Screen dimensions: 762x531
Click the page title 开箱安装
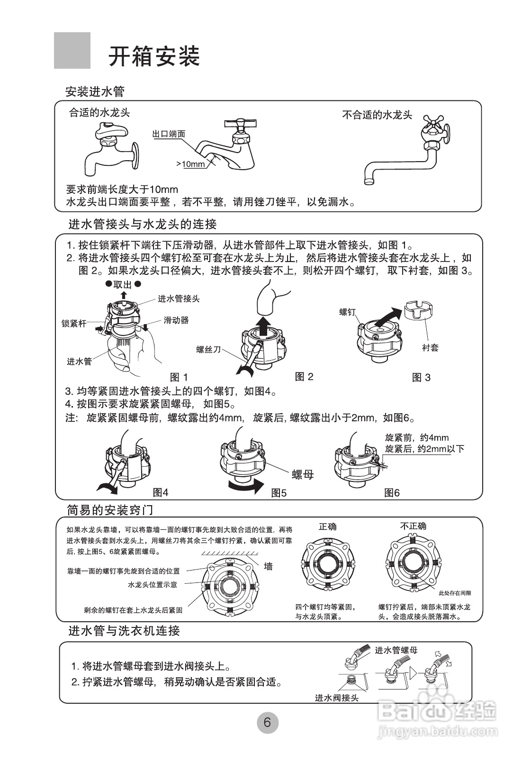(x=154, y=56)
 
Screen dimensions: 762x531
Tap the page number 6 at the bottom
(x=267, y=723)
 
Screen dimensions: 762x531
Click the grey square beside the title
(x=72, y=51)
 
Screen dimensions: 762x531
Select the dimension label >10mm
(x=190, y=164)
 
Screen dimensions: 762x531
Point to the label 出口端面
(x=168, y=134)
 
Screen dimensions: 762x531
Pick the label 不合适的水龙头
(x=377, y=115)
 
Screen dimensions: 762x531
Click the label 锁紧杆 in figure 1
(x=74, y=324)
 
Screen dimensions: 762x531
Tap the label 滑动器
(x=176, y=320)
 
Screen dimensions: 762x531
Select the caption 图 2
(x=304, y=377)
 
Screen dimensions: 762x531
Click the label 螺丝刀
(x=208, y=350)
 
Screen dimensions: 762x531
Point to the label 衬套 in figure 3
(x=430, y=347)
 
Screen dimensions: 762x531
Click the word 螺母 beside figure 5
(x=303, y=474)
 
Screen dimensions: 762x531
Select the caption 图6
(x=392, y=493)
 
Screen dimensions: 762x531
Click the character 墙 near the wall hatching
(x=268, y=566)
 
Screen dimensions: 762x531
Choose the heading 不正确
(x=413, y=526)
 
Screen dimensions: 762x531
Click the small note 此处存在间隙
(x=455, y=593)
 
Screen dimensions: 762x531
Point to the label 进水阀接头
(x=337, y=698)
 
